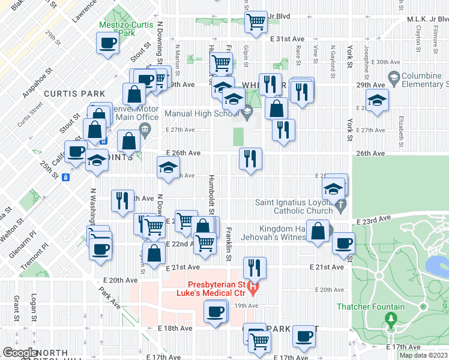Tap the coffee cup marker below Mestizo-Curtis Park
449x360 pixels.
point(109,44)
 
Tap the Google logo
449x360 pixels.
point(20,353)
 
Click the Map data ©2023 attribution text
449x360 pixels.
point(423,355)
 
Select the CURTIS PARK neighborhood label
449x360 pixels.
point(74,94)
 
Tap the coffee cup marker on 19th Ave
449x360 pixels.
point(215,312)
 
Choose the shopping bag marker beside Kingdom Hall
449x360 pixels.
point(318,231)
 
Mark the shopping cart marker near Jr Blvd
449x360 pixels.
point(258,23)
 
